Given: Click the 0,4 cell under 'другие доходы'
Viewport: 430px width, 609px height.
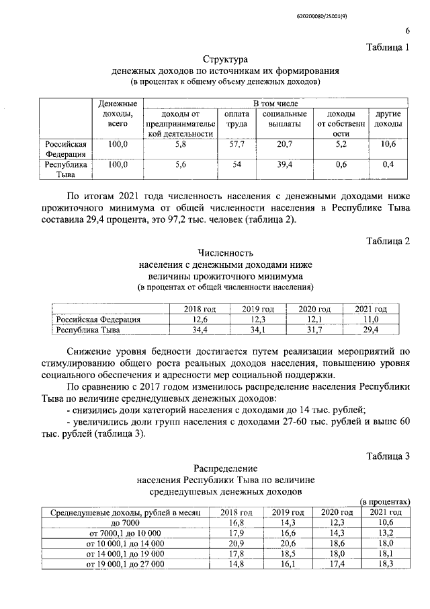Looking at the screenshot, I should pyautogui.click(x=388, y=164).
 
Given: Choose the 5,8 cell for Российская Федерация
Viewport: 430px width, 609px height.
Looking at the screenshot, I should pyautogui.click(x=179, y=144).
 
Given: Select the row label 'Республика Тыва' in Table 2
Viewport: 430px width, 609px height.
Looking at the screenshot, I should pyautogui.click(x=87, y=330).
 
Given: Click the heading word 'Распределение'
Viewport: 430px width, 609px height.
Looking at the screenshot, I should pyautogui.click(x=225, y=468).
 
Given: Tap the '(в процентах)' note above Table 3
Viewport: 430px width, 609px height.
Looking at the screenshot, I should pyautogui.click(x=384, y=502).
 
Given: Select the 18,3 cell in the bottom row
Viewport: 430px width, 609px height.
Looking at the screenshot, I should pyautogui.click(x=385, y=564).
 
